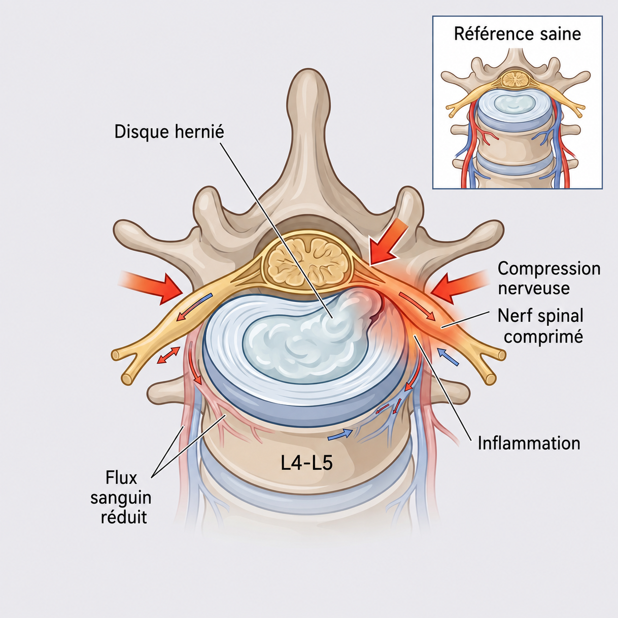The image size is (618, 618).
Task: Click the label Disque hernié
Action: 169,132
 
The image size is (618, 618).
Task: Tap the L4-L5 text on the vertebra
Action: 306,464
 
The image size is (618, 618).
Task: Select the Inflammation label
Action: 529,444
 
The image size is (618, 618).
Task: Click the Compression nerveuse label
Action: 549,278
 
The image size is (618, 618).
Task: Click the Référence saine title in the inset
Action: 517,34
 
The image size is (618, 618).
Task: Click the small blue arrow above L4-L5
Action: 340,435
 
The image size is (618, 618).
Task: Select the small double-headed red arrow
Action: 168,355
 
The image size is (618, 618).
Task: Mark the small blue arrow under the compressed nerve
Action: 448,357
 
